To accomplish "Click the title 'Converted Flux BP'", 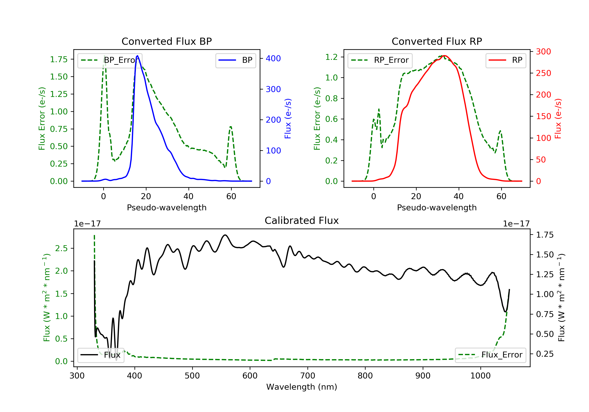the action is (x=166, y=41).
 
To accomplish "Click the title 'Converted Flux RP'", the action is (x=437, y=41).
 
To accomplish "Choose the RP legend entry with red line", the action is (x=505, y=60).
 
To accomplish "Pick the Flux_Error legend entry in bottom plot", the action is (x=490, y=355).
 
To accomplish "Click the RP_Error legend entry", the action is (x=380, y=60).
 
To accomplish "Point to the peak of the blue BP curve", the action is (x=137, y=56).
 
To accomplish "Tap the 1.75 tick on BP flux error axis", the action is (x=59, y=59).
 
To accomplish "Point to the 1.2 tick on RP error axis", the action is (x=331, y=57).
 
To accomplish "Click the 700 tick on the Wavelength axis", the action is (x=307, y=376).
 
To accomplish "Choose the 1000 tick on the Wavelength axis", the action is (x=480, y=376).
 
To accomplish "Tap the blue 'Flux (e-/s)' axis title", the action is (x=288, y=118).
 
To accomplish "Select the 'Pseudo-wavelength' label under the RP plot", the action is (x=437, y=207).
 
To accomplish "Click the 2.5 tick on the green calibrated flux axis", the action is (x=61, y=248).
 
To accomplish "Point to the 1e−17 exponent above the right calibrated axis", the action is (x=516, y=224).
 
